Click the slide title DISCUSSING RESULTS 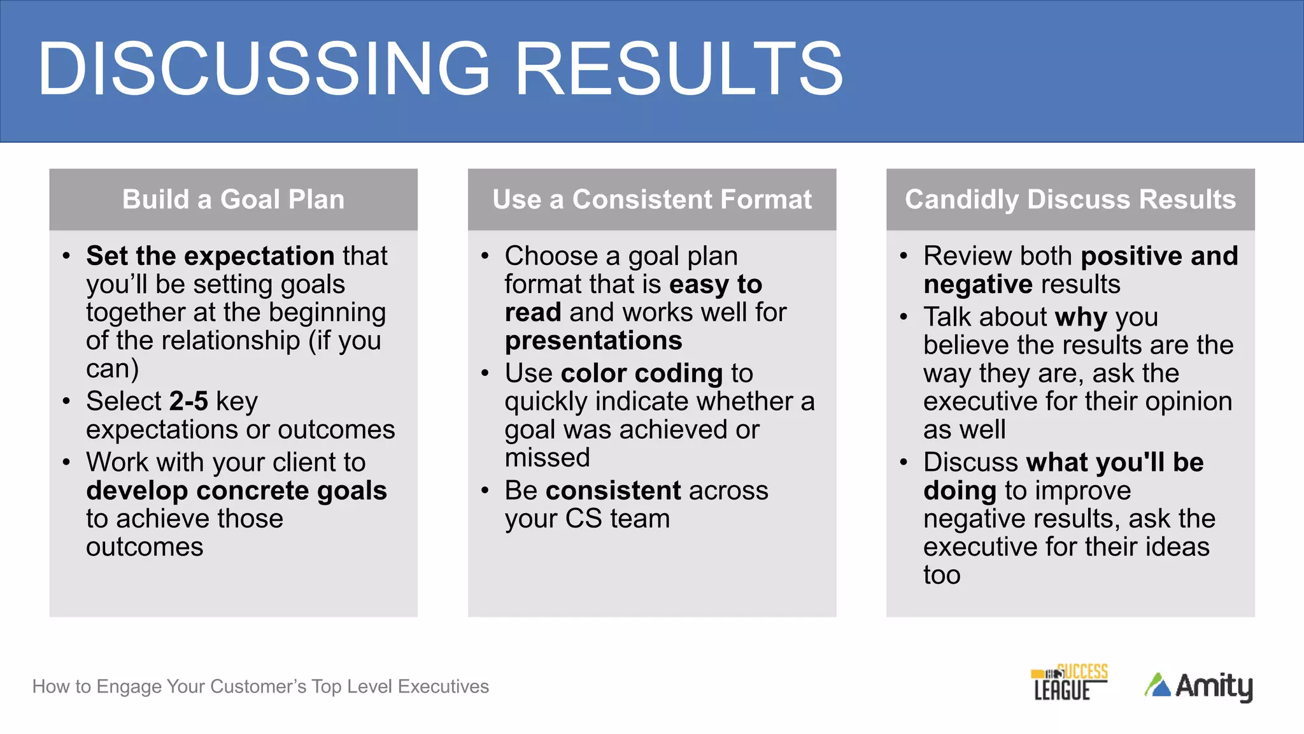click(x=439, y=69)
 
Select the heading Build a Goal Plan click(x=233, y=199)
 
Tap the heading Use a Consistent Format click(x=651, y=199)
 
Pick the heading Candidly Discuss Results click(x=1070, y=199)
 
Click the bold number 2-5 click(x=188, y=401)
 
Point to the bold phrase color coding click(x=641, y=373)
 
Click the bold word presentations click(x=593, y=341)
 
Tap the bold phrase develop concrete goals click(x=236, y=491)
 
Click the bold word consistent click(x=613, y=491)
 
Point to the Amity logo click(x=1198, y=686)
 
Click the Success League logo click(x=1069, y=682)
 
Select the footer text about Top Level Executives click(x=260, y=686)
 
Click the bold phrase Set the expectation click(x=210, y=256)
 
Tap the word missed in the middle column click(x=547, y=458)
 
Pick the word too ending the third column click(x=941, y=575)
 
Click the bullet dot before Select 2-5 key click(x=67, y=401)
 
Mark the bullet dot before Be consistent click(x=485, y=491)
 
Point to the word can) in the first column click(x=112, y=369)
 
